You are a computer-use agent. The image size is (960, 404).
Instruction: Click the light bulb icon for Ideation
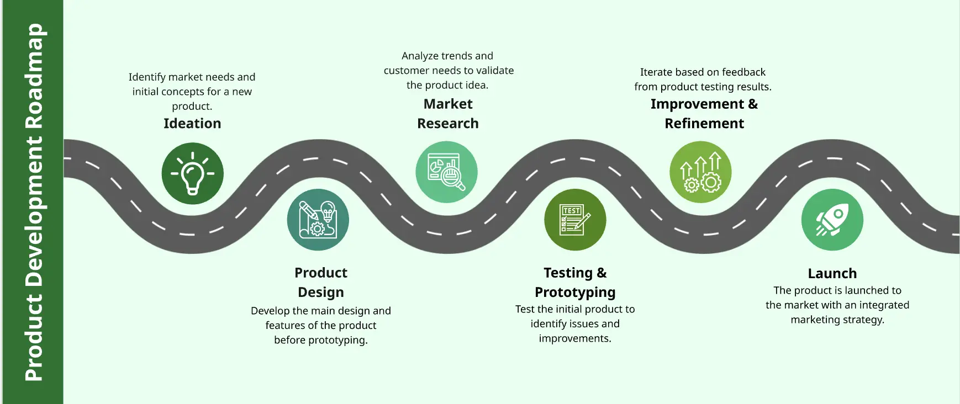tap(192, 173)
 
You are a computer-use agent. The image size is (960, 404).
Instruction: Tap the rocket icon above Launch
tap(832, 220)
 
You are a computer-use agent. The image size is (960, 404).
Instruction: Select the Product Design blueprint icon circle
tap(318, 220)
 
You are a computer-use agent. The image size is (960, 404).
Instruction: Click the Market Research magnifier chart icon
tap(446, 172)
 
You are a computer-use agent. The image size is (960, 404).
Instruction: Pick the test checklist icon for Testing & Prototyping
tap(575, 220)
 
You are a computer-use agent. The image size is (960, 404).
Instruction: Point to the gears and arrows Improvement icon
tap(700, 172)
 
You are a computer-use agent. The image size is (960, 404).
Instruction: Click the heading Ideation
tap(192, 123)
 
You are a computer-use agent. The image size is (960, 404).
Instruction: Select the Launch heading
tap(832, 273)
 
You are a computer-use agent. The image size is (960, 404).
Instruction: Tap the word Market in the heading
tap(448, 104)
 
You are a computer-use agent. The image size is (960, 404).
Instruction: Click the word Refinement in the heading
tap(704, 123)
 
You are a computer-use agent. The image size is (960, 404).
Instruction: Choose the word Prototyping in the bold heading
tap(575, 293)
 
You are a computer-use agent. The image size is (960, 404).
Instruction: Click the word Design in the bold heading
tap(321, 293)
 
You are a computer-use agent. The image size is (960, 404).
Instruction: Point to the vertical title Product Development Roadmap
tap(34, 202)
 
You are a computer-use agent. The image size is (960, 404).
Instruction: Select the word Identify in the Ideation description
tap(147, 77)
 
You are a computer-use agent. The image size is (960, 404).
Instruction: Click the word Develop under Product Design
tap(270, 311)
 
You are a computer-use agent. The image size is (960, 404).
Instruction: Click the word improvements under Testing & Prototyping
tap(575, 338)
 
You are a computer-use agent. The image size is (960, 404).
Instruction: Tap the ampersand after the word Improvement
tap(753, 104)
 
